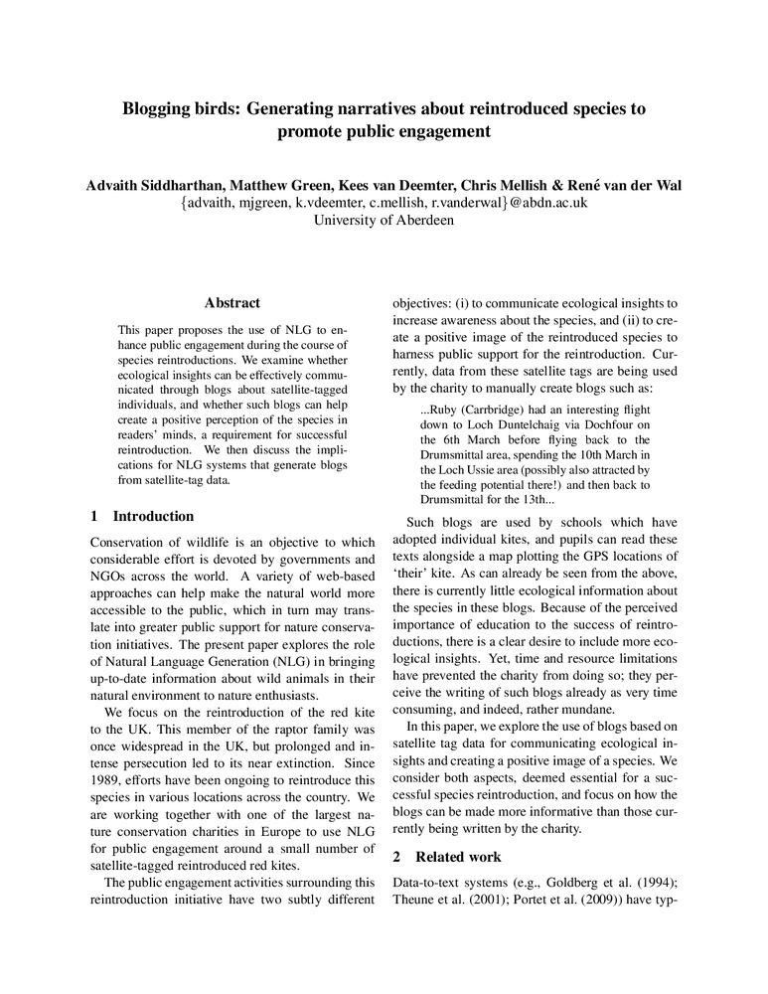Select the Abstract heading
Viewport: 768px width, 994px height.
point(231,303)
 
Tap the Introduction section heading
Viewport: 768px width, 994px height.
point(153,516)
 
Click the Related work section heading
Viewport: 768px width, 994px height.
point(458,856)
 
